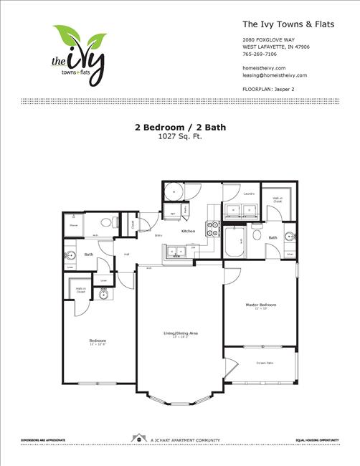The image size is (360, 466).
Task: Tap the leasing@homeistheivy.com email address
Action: point(275,75)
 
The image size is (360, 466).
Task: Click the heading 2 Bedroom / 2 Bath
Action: point(179,127)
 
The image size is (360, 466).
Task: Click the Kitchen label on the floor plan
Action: point(188,231)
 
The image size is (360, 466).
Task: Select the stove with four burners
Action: point(213,229)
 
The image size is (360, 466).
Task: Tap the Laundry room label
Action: point(250,194)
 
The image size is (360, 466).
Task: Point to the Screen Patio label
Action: point(265,363)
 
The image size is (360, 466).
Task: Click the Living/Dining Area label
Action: point(179,333)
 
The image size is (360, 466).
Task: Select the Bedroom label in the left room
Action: point(98,340)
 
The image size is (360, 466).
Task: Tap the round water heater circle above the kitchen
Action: point(172,191)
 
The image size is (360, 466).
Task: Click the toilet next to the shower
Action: point(107,222)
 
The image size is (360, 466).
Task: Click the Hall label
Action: point(126,254)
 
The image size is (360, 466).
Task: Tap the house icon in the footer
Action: point(136,437)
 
